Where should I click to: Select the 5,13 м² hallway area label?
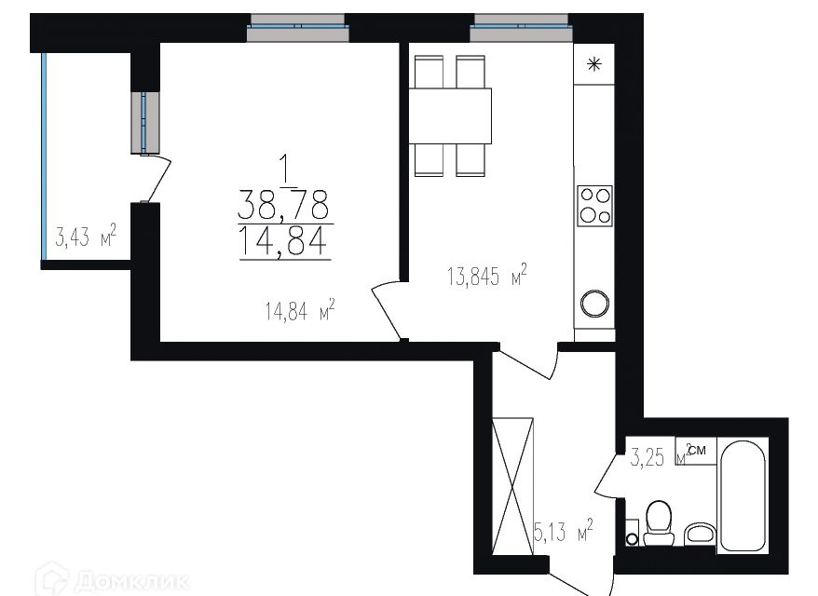(x=563, y=534)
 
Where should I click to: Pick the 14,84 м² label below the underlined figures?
(x=299, y=312)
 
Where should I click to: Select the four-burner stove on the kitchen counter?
(x=595, y=205)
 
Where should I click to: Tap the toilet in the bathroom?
(x=659, y=523)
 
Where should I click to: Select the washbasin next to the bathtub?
(x=698, y=534)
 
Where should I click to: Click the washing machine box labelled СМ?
(x=697, y=451)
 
